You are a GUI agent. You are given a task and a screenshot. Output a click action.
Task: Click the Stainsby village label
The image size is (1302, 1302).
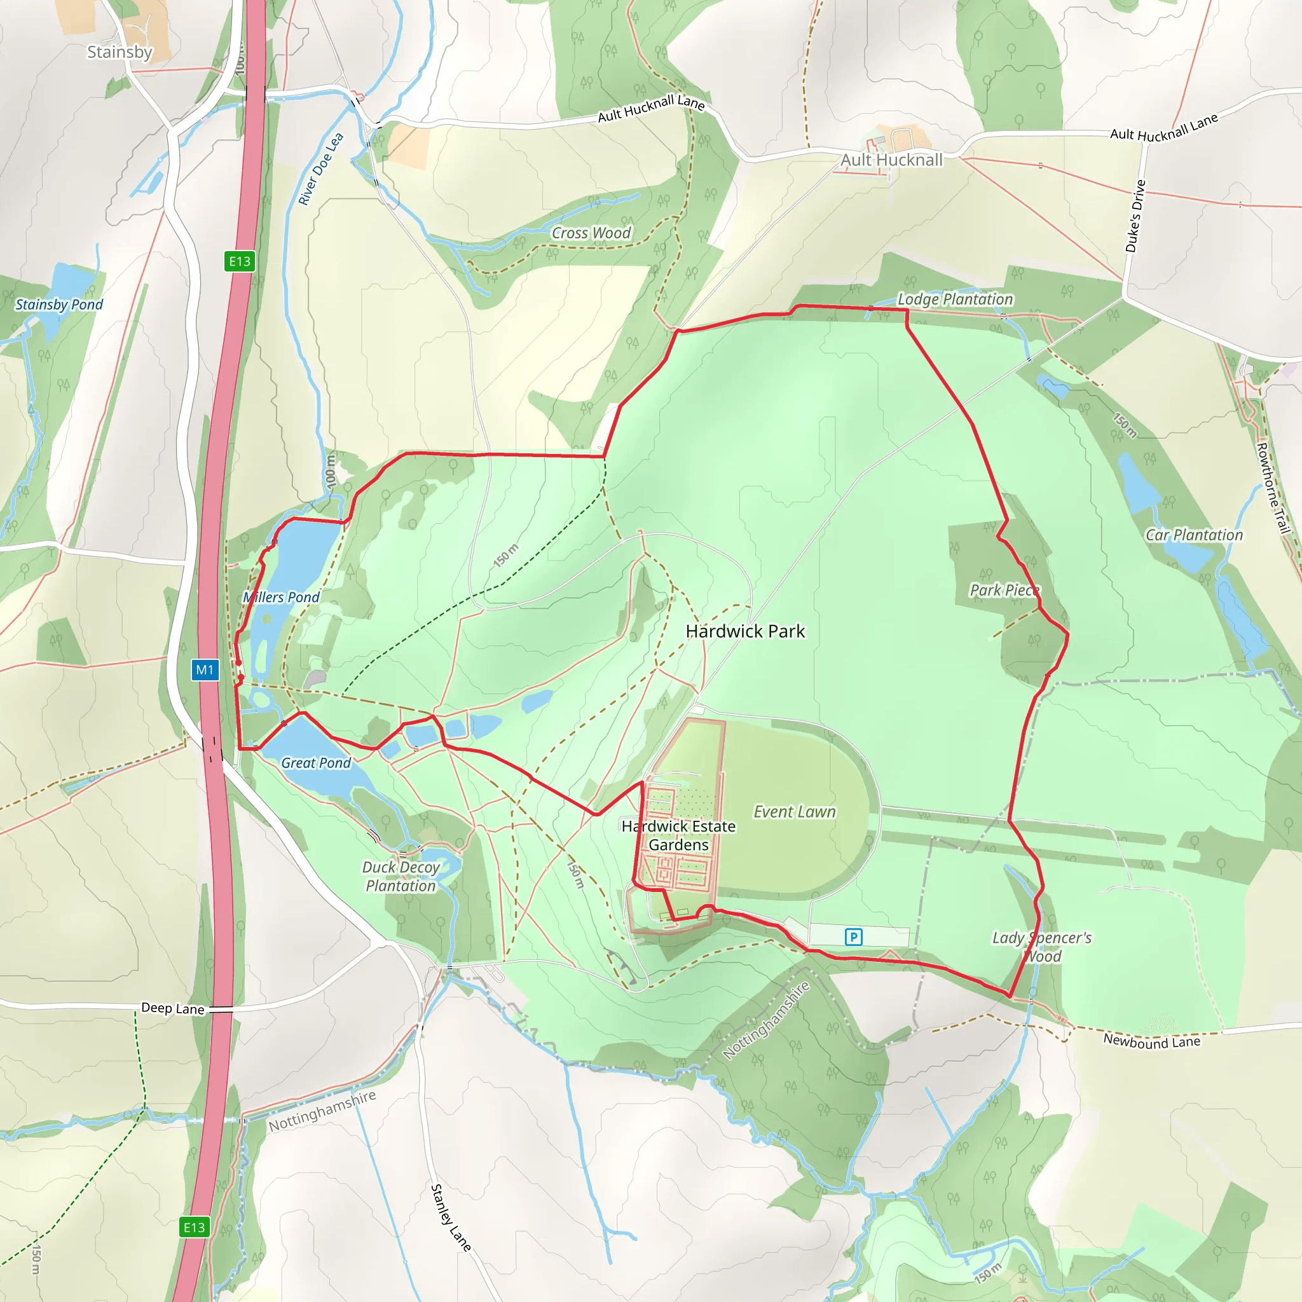coord(120,52)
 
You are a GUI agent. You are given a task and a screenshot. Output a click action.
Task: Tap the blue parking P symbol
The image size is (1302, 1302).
coord(853,936)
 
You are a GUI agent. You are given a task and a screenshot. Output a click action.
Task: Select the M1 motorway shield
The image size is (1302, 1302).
coord(205,670)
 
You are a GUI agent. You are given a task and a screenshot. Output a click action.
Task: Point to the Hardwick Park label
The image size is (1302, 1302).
coord(744,631)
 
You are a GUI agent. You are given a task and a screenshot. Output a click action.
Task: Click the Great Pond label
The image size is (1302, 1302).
coord(315,763)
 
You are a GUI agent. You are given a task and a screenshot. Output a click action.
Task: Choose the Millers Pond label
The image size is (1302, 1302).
coord(281,597)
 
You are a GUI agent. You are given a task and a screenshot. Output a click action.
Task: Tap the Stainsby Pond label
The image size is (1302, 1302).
coord(59,305)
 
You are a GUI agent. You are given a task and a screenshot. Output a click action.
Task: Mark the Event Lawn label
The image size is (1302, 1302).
coord(794,812)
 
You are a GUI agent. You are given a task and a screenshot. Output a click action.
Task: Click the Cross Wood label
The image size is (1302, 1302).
coord(591,233)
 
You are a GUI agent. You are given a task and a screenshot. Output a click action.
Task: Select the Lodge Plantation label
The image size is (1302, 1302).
coord(955,299)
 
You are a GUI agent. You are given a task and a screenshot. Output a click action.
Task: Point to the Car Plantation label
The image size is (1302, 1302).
coord(1194,535)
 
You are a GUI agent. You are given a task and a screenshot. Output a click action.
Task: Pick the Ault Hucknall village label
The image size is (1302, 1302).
coord(891,160)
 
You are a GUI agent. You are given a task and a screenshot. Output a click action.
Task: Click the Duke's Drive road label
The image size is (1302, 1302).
coord(1135,216)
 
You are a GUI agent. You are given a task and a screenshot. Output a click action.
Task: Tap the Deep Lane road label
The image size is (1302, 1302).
coord(172,1008)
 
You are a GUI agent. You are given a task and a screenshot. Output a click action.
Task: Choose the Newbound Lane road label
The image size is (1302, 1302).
coord(1152,1041)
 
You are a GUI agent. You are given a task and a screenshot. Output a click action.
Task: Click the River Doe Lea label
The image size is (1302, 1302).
coord(321,169)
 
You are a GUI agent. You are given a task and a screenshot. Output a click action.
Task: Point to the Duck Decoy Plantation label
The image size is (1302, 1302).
coord(401,877)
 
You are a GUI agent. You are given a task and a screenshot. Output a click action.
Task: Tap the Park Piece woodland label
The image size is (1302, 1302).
coord(1004,591)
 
